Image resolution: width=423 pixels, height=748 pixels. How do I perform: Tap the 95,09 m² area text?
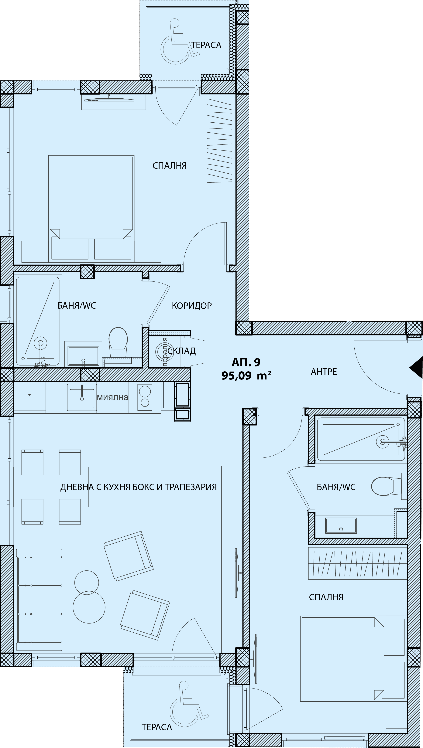point(246,376)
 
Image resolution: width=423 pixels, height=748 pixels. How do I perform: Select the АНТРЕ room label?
point(324,372)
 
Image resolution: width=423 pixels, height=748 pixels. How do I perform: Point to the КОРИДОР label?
point(192,305)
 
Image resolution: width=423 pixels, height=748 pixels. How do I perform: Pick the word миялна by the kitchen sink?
point(112,398)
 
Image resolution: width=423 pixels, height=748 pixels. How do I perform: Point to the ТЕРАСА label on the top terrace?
point(206,45)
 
